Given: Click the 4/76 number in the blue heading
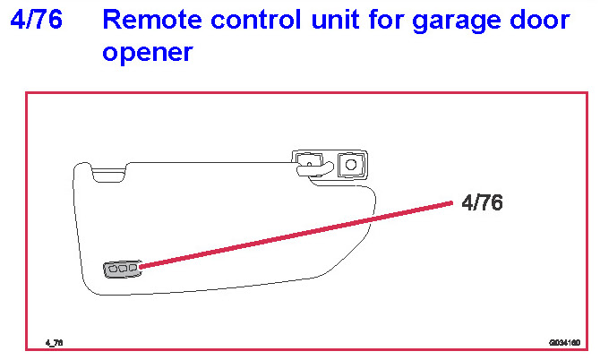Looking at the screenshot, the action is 37,20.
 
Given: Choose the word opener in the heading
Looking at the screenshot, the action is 147,53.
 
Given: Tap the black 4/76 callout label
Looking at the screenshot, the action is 482,203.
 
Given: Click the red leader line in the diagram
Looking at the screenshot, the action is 296,236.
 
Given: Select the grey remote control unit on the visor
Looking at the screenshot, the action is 123,269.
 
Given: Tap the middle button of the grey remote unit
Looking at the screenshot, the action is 124,268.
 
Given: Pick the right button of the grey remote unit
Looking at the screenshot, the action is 133,267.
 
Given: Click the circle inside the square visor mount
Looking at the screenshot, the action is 351,164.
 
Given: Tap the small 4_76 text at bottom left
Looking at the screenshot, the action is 55,342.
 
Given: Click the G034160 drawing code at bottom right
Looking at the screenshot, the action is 564,342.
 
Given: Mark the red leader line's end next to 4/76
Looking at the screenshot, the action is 450,205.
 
